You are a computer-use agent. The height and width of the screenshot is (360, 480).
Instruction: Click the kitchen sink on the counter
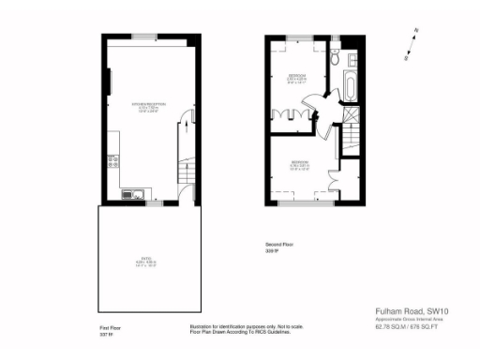pos(133,195)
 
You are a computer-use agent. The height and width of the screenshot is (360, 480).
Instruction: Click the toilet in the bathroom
pos(335,58)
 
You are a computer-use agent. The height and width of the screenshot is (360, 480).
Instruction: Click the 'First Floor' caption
pos(111,327)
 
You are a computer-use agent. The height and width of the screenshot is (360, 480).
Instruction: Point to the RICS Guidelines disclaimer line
pos(228,332)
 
